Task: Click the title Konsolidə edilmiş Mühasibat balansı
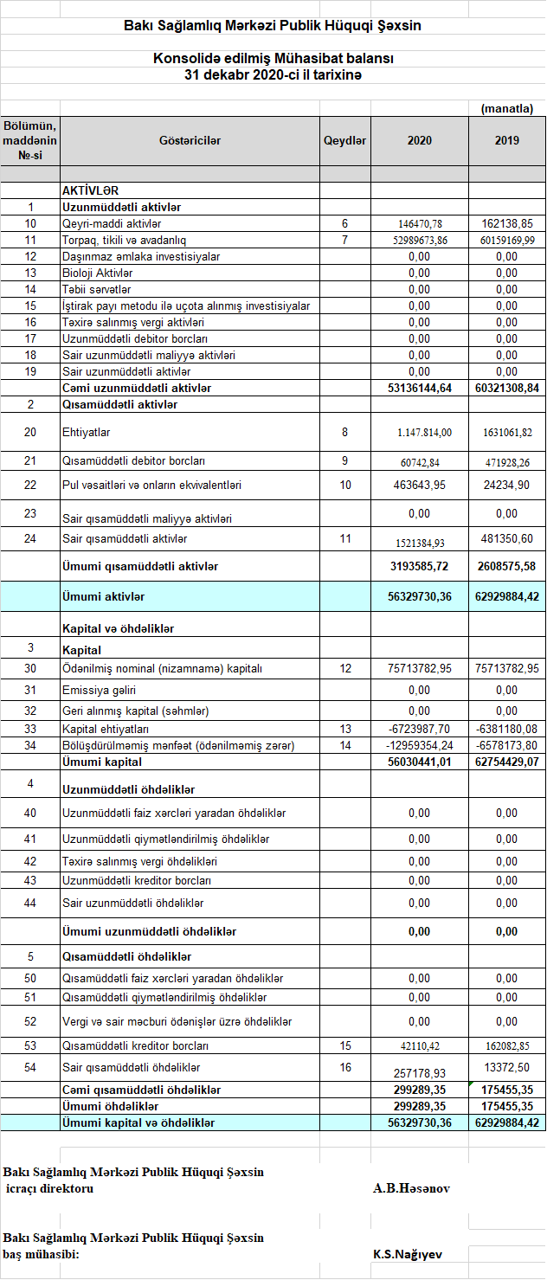273,59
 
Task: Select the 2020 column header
420,141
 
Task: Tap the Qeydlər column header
345,141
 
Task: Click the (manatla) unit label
507,108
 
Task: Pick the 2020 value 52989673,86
420,241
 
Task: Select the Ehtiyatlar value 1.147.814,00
420,433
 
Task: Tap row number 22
30,486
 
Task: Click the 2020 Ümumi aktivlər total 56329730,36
420,597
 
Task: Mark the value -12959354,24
420,746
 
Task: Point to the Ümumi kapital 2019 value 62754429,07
507,762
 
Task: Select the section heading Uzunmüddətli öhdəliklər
128,790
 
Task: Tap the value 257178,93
420,1073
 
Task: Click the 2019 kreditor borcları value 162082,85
507,1046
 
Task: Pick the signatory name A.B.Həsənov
412,1188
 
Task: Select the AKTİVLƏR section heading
90,190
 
